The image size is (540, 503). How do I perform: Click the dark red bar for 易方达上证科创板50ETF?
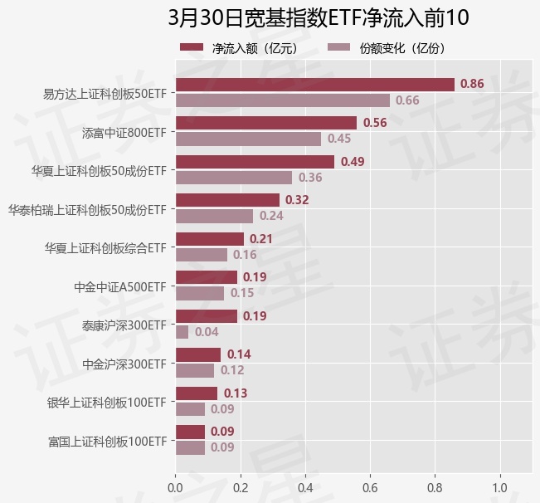314,85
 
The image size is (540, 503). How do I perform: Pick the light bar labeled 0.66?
282,100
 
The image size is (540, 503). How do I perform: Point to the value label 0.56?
375,123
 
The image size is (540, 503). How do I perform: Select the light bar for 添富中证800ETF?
248,139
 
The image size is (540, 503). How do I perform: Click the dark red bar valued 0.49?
255,162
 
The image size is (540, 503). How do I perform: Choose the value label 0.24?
271,216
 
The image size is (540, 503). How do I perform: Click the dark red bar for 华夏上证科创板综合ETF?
209,239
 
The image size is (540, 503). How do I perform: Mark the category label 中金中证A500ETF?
120,286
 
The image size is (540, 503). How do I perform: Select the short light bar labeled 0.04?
182,332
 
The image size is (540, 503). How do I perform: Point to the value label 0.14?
239,354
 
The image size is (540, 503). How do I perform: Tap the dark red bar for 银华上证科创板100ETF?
197,393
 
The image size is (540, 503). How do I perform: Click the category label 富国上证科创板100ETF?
108,440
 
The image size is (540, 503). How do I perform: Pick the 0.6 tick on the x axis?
370,486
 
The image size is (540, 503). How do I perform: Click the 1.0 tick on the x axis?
500,486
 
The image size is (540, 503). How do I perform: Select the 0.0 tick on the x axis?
175,486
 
